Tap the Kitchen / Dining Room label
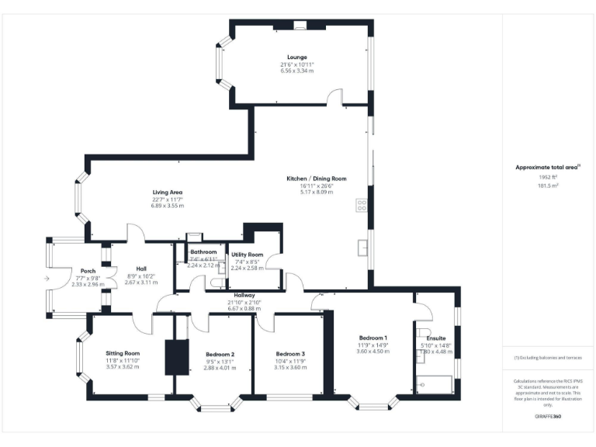click(x=316, y=178)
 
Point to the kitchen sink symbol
click(x=362, y=247)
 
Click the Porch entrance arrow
click(x=47, y=277)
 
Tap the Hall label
click(x=142, y=269)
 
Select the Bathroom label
click(x=203, y=251)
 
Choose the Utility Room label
click(x=247, y=255)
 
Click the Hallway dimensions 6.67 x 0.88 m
click(x=244, y=308)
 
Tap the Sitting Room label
click(x=122, y=353)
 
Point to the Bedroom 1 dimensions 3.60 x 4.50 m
click(x=372, y=351)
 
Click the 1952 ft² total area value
click(x=549, y=177)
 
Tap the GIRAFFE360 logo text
click(x=549, y=418)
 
